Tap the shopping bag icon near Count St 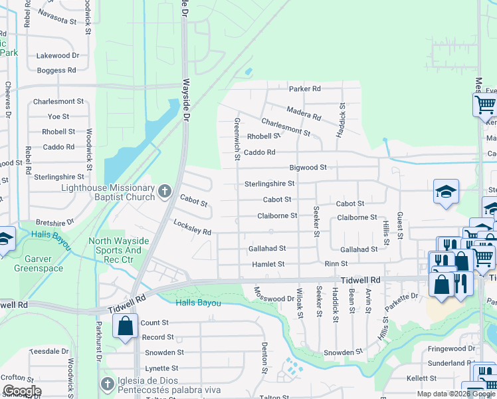[x=125, y=327]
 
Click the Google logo [x=22, y=391]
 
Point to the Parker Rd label [x=304, y=88]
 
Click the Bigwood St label [x=308, y=168]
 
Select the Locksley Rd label [x=192, y=227]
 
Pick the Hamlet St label [x=268, y=264]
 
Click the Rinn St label [x=332, y=264]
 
